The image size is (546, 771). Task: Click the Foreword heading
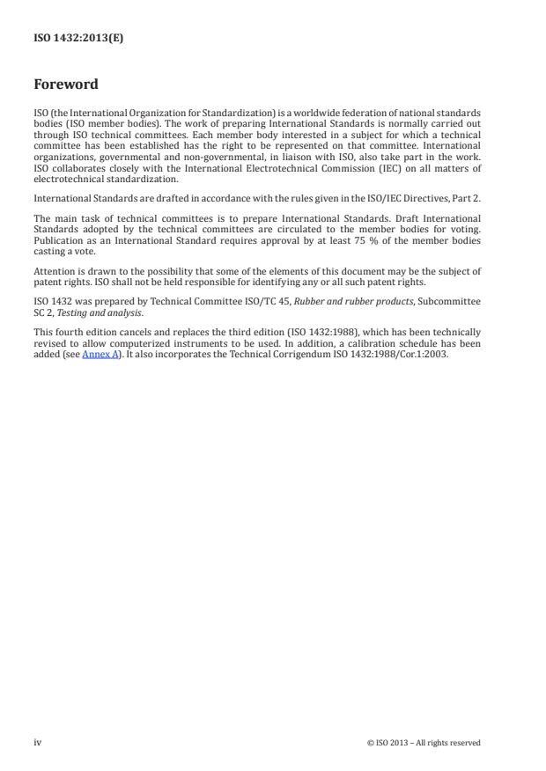click(65, 84)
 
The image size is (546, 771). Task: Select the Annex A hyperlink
click(100, 357)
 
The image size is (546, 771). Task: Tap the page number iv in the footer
click(38, 742)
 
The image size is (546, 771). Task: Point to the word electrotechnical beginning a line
click(70, 179)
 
